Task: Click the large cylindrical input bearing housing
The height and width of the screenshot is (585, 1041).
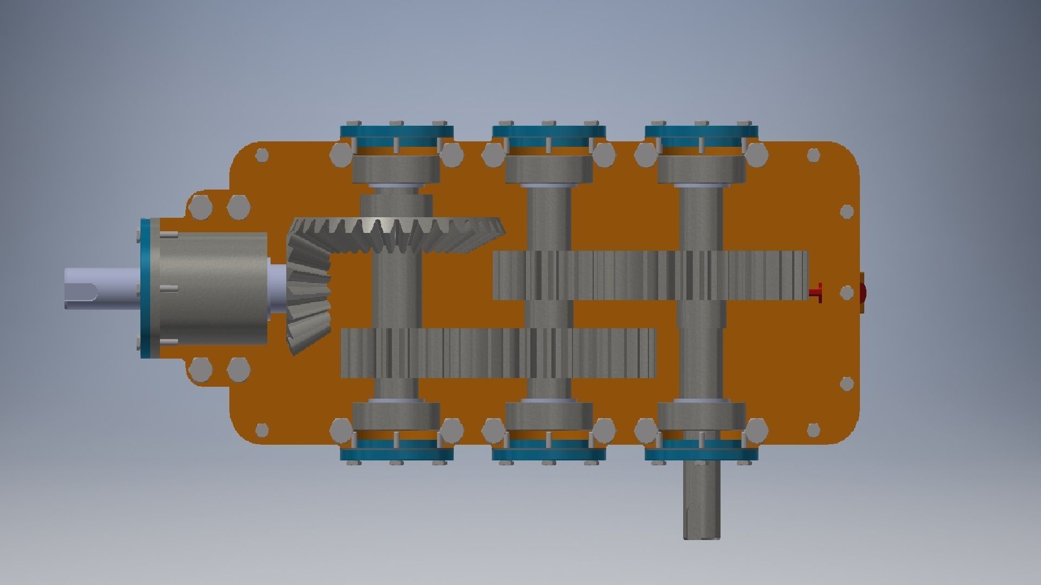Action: pyautogui.click(x=214, y=288)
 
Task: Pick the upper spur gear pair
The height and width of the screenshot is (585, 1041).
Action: pyautogui.click(x=650, y=275)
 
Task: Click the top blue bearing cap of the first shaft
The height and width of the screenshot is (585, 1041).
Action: pyautogui.click(x=396, y=132)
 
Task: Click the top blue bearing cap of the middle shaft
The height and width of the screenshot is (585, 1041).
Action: pyautogui.click(x=549, y=132)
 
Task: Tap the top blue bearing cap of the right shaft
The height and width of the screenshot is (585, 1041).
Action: pyautogui.click(x=701, y=132)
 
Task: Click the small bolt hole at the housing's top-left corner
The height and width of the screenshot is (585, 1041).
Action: pyautogui.click(x=262, y=155)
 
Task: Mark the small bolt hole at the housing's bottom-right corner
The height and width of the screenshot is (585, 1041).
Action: pyautogui.click(x=813, y=430)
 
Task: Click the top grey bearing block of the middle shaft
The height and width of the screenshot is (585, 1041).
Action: pyautogui.click(x=549, y=169)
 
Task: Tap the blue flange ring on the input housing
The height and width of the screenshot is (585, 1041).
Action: pyautogui.click(x=145, y=288)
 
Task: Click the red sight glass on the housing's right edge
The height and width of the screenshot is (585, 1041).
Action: pyautogui.click(x=862, y=292)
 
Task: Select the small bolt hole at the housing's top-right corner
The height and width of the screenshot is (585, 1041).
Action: pyautogui.click(x=813, y=155)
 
